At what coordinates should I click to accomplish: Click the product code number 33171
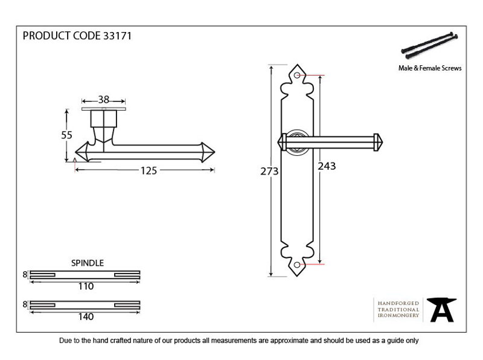117,36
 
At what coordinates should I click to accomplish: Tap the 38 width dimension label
104,100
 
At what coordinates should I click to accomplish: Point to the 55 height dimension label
66,135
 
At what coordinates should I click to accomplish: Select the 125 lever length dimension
149,170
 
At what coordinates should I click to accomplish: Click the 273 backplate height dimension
269,171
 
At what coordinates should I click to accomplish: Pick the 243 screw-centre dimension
327,166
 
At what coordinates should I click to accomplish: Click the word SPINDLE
88,263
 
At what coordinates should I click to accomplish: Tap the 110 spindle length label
86,286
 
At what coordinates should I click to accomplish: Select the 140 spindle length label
86,317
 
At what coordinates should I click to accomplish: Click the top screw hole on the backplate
297,76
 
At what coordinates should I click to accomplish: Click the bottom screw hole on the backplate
297,265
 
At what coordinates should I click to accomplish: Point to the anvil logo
442,310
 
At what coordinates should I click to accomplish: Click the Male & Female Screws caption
430,68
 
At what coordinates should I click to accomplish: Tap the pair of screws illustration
429,46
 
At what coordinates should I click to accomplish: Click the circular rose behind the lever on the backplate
298,143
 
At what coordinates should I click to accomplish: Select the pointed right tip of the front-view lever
383,143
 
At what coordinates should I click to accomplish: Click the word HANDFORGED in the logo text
398,303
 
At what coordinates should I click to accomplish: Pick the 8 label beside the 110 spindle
25,274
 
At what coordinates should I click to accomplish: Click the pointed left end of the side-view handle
76,152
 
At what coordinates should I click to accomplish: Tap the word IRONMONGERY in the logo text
398,315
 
